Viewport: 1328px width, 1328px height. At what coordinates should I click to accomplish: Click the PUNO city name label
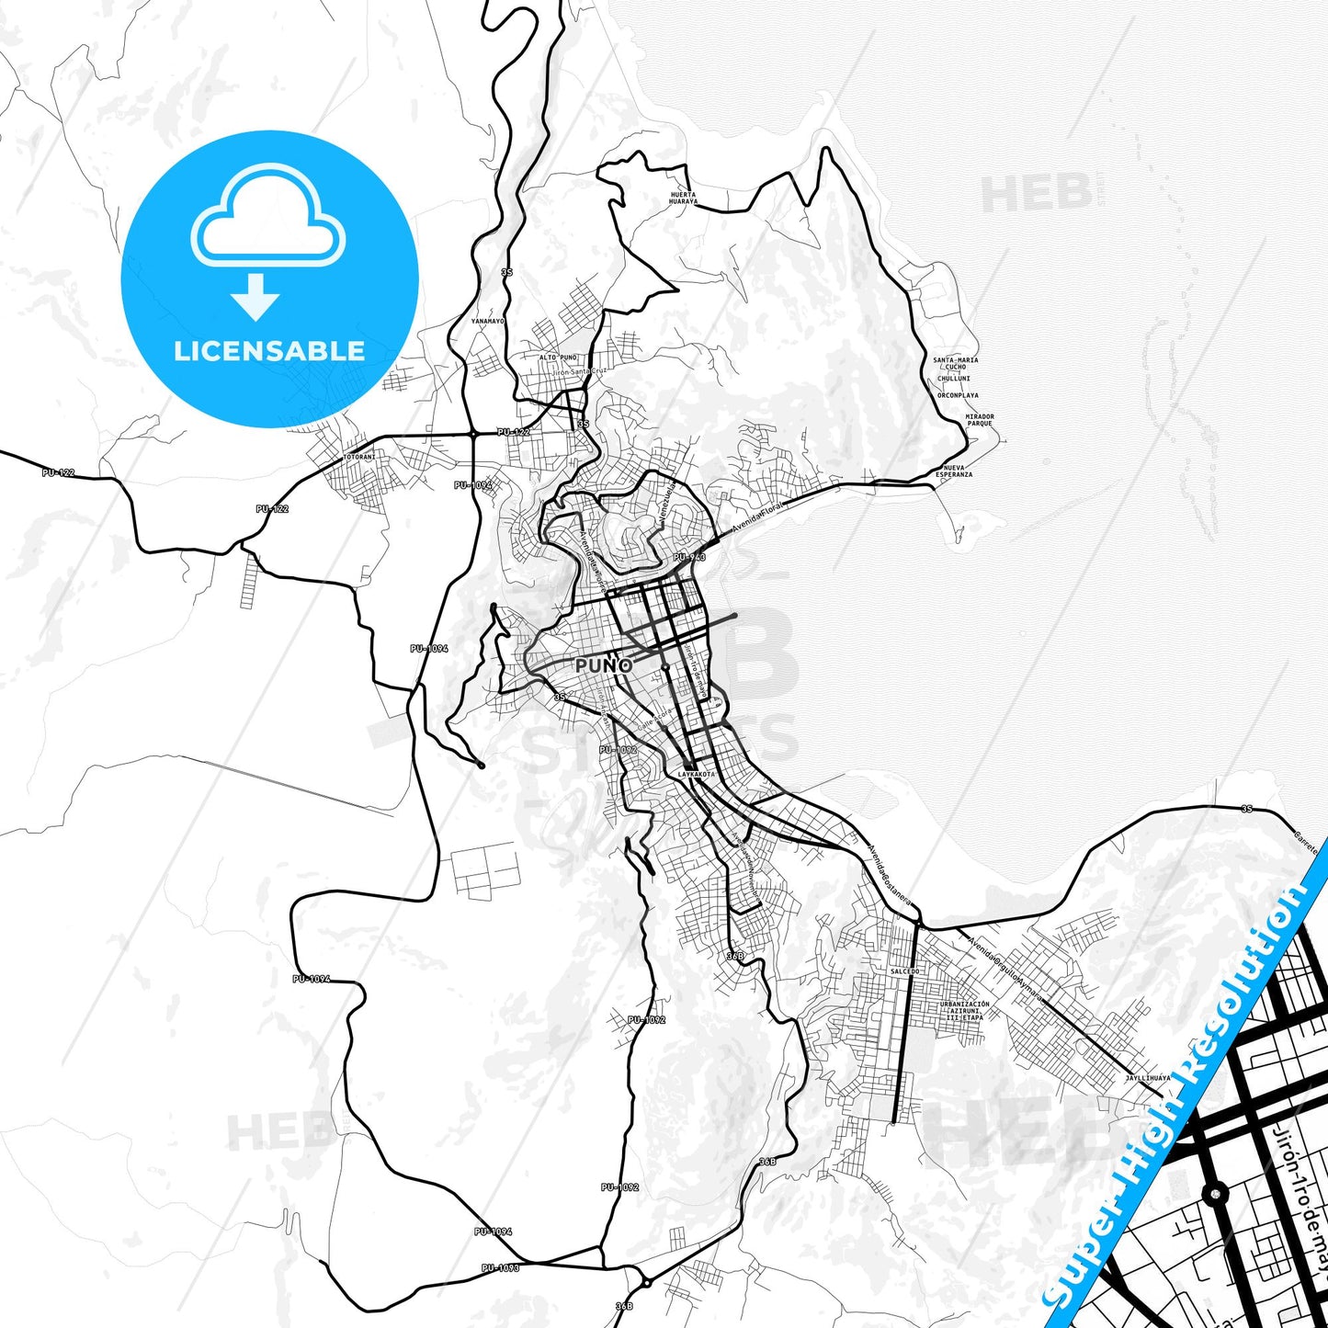pyautogui.click(x=604, y=665)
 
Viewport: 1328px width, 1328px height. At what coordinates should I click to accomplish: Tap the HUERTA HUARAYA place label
pyautogui.click(x=683, y=199)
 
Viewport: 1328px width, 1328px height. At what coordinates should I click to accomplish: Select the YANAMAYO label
pyautogui.click(x=488, y=322)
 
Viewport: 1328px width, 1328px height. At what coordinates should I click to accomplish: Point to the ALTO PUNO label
pyautogui.click(x=558, y=358)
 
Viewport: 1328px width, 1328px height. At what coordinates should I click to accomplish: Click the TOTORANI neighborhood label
pyautogui.click(x=359, y=457)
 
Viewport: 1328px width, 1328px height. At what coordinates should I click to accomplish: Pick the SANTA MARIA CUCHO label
pyautogui.click(x=956, y=363)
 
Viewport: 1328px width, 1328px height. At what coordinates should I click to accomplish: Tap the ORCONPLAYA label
pyautogui.click(x=958, y=396)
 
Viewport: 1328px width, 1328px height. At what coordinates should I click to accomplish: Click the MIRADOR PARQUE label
pyautogui.click(x=980, y=420)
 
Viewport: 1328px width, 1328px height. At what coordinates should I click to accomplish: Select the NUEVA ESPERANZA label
pyautogui.click(x=954, y=471)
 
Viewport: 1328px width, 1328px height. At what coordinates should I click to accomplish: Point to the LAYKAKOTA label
pyautogui.click(x=695, y=775)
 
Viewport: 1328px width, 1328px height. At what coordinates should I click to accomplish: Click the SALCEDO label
pyautogui.click(x=904, y=971)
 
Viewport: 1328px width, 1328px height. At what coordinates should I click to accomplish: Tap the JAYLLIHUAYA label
pyautogui.click(x=1148, y=1078)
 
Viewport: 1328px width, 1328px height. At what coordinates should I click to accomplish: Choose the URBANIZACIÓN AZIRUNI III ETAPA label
pyautogui.click(x=965, y=1011)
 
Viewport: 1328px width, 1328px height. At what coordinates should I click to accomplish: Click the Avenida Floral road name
pyautogui.click(x=757, y=520)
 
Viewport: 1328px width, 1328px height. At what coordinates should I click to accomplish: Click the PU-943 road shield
pyautogui.click(x=689, y=558)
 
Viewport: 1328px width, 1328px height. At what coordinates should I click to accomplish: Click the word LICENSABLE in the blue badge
pyautogui.click(x=269, y=351)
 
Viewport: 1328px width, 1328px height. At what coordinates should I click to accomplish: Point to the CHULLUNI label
pyautogui.click(x=954, y=379)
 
